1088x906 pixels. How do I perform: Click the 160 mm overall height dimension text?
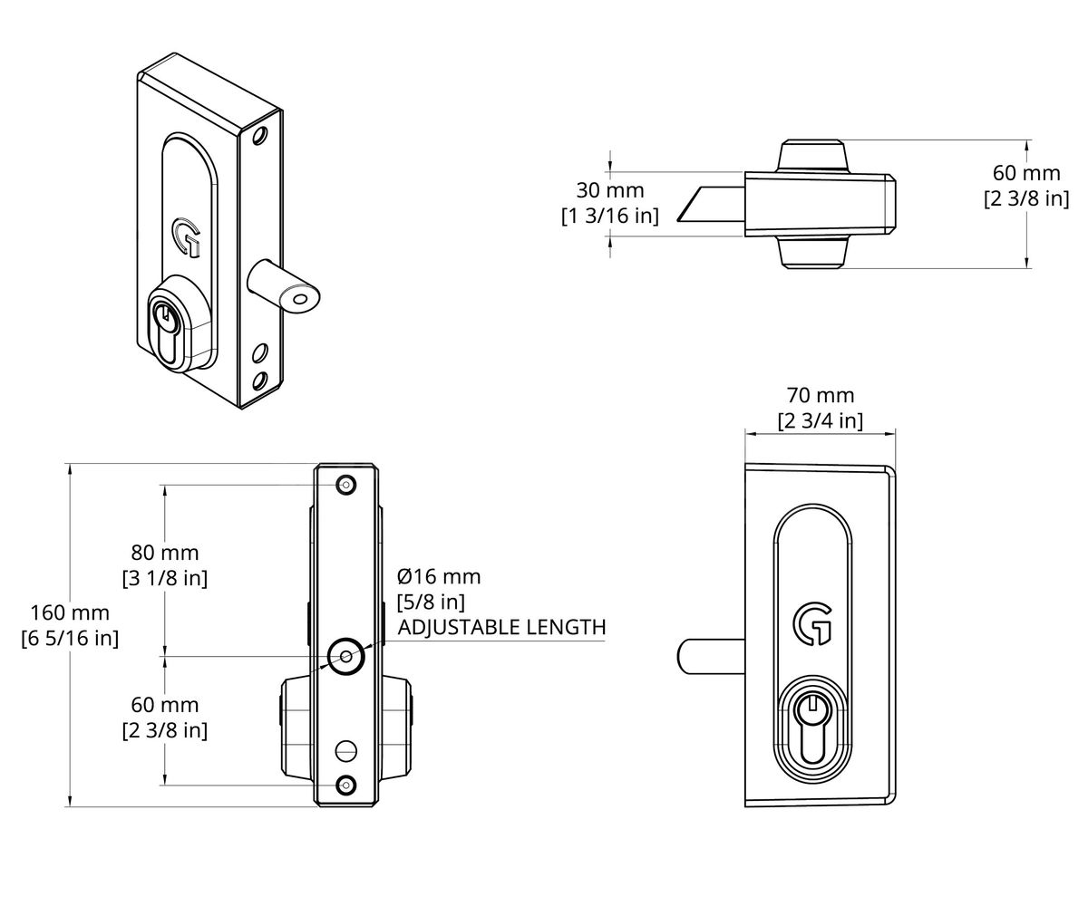[70, 612]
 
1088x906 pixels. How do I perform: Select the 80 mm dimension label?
[164, 553]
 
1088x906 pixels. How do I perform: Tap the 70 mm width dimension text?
[821, 396]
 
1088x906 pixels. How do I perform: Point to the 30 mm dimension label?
[610, 191]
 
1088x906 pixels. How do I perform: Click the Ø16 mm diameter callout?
[439, 577]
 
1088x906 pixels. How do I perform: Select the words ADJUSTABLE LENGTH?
[501, 627]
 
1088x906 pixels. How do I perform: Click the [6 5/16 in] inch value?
[70, 638]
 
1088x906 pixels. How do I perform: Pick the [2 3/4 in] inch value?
[821, 421]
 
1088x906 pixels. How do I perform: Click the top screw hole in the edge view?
[345, 485]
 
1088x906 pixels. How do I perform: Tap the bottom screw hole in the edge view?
[345, 784]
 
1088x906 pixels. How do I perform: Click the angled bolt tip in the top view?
[699, 205]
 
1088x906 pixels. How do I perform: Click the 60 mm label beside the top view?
[1025, 173]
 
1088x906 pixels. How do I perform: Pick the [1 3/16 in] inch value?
[610, 216]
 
